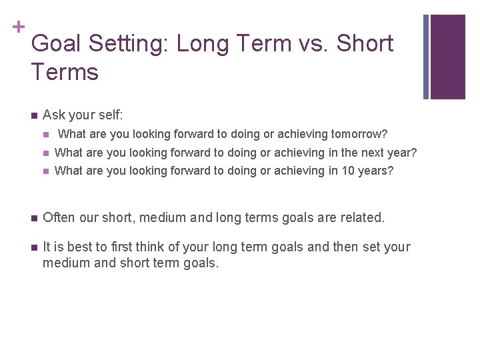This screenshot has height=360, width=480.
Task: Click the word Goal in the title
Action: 59,44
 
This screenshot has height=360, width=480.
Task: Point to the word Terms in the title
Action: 65,71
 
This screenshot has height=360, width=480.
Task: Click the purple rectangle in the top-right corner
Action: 447,57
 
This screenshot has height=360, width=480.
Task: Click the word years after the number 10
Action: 377,171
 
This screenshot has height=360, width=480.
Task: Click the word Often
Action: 58,217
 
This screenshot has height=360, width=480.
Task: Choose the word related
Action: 363,217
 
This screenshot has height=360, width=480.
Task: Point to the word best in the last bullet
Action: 79,247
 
